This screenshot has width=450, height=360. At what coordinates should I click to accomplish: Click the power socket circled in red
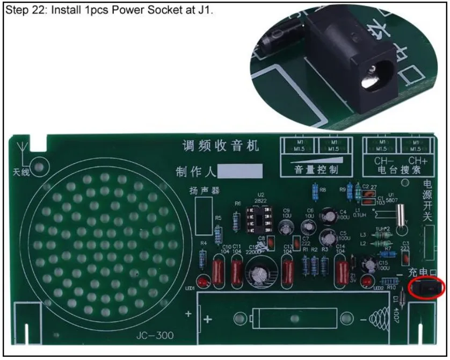point(427,289)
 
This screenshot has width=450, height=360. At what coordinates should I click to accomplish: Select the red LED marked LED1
point(203,281)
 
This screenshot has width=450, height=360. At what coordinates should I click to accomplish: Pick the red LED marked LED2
point(367,280)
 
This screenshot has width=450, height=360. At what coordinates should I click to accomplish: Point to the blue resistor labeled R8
point(314,190)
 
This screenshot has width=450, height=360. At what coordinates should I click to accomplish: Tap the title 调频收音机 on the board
point(221,146)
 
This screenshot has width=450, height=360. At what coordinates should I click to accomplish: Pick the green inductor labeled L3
point(382,235)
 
